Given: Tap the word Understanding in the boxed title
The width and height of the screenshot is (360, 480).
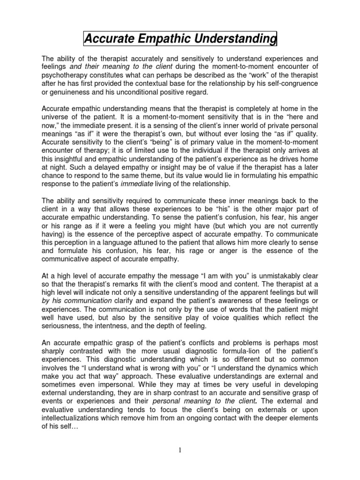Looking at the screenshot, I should (239, 39).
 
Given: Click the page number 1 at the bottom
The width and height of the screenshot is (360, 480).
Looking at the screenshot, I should (180, 450).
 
